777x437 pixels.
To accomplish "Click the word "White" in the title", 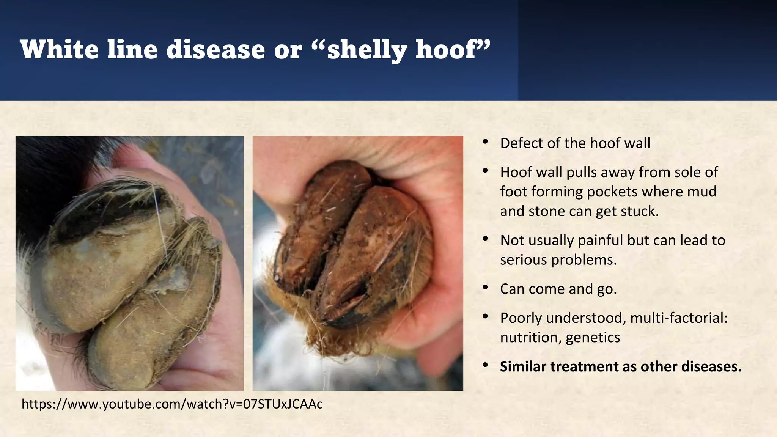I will pyautogui.click(x=59, y=50).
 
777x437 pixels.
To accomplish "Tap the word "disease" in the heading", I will pyautogui.click(x=215, y=50).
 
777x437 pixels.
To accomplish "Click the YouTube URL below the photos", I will pyautogui.click(x=172, y=404).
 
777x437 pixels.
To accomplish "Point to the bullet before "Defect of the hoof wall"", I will pyautogui.click(x=485, y=142).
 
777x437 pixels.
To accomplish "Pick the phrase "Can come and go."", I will pyautogui.click(x=558, y=289).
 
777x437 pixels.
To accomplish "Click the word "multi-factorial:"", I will pyautogui.click(x=679, y=318).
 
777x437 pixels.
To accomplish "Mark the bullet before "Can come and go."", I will pyautogui.click(x=485, y=288).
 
